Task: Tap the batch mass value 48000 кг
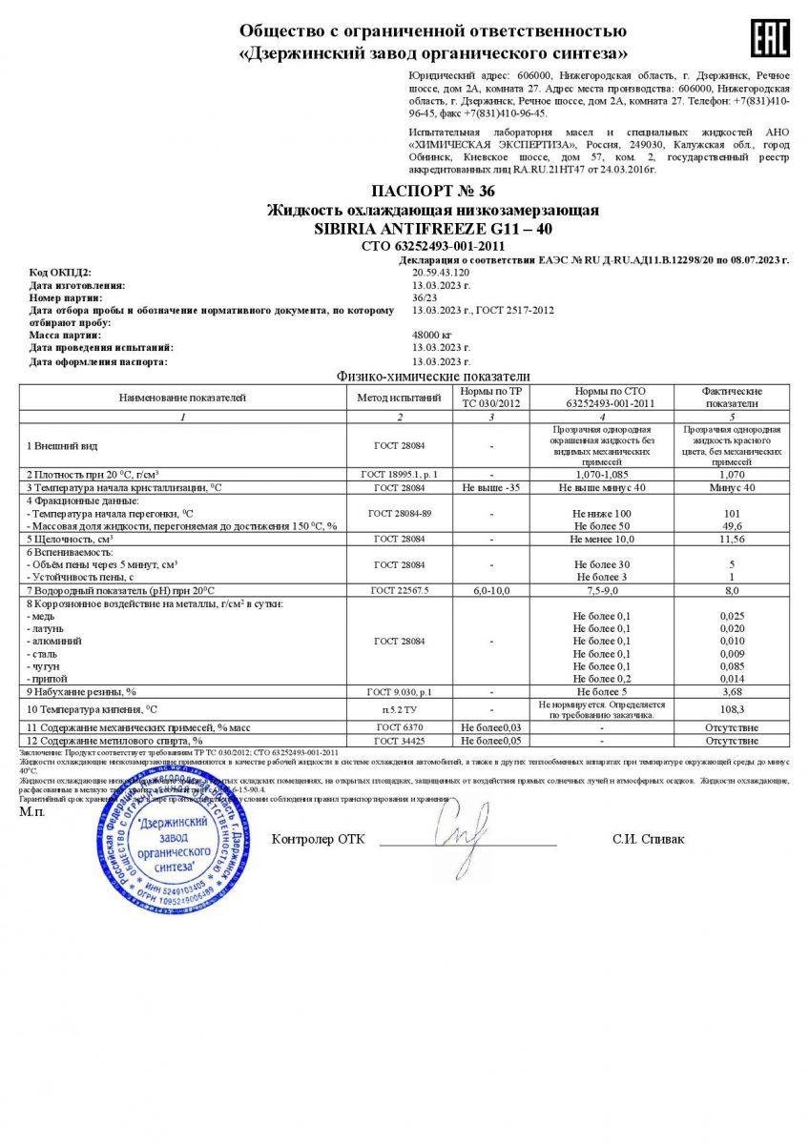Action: point(431,336)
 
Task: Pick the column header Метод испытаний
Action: point(400,397)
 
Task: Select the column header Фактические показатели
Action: point(732,397)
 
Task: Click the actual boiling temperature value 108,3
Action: point(732,710)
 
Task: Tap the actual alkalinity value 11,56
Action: point(732,539)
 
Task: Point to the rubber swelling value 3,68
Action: point(732,690)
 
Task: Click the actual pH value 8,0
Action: point(732,591)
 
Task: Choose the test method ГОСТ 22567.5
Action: point(400,591)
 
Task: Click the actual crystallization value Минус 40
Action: point(732,487)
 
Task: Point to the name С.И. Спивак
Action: point(648,840)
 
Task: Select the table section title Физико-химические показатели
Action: point(432,377)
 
